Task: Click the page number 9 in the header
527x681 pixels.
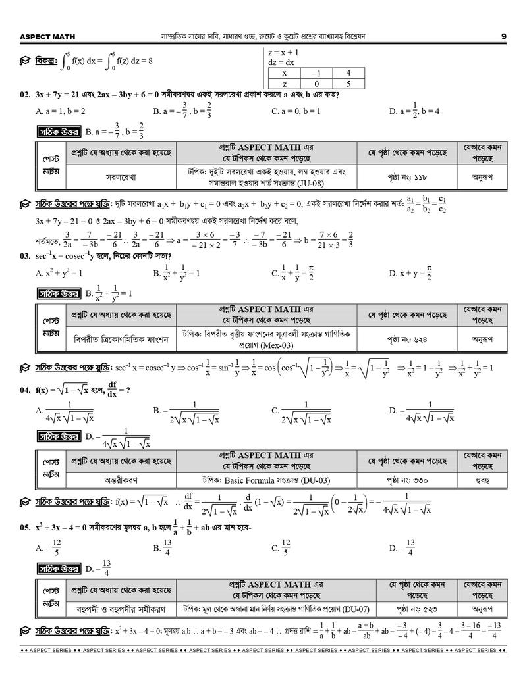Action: pyautogui.click(x=503, y=36)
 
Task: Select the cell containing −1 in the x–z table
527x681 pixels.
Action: pyautogui.click(x=316, y=74)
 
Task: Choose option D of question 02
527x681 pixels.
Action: pyautogui.click(x=415, y=111)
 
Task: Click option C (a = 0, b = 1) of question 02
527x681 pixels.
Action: pyautogui.click(x=296, y=111)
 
